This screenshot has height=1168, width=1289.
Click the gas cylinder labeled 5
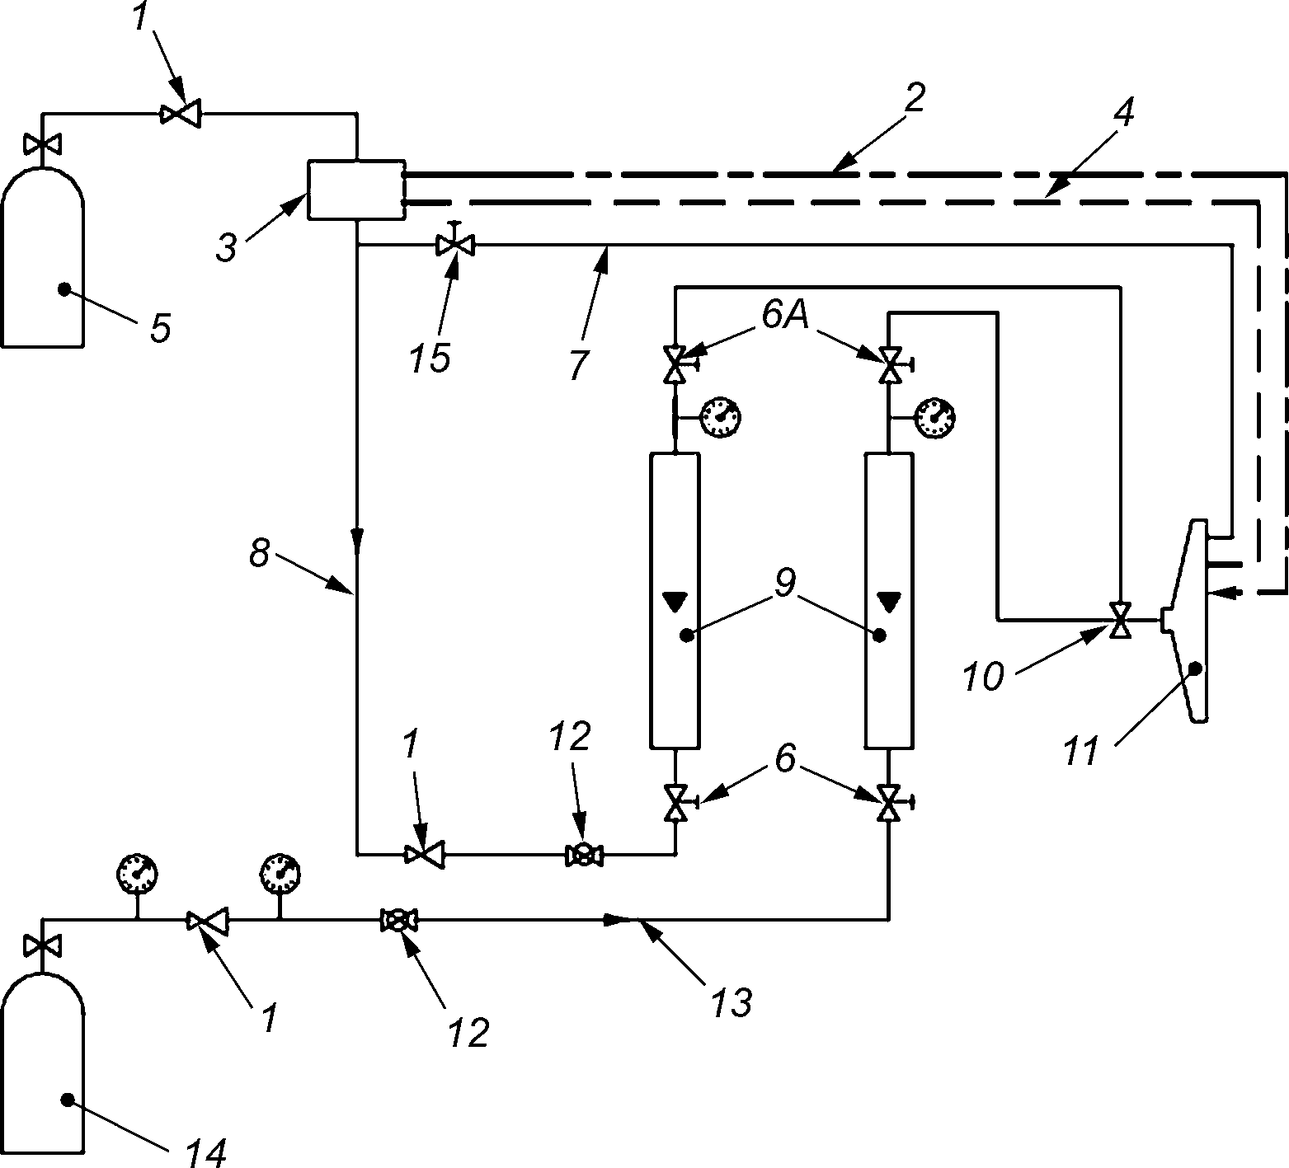pos(42,256)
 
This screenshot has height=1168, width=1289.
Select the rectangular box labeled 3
pos(355,190)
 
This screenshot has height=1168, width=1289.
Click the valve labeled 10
pos(1120,619)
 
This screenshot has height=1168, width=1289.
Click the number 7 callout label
pos(579,364)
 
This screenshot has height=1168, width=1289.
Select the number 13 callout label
pos(733,1001)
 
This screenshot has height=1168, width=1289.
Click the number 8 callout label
pos(260,553)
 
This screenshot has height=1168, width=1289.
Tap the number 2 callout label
pos(913,99)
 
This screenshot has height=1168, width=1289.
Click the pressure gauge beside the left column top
pos(720,417)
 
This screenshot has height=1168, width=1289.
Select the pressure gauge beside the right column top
pos(935,417)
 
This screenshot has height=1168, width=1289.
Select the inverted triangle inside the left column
pos(674,602)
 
